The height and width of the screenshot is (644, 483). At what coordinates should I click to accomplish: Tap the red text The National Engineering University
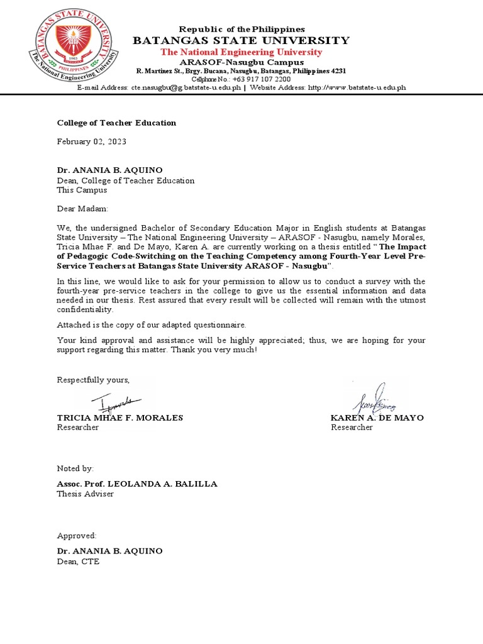point(241,52)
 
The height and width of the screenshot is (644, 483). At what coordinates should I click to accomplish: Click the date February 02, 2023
point(92,142)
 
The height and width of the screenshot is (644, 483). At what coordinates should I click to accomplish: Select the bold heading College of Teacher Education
point(116,123)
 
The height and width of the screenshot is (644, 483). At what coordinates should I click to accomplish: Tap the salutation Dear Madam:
point(82,208)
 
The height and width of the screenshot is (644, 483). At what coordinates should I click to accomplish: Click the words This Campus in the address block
point(82,189)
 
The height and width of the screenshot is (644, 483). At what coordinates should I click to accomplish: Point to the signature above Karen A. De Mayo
point(374,398)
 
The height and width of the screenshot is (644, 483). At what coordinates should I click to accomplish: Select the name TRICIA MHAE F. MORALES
point(120,418)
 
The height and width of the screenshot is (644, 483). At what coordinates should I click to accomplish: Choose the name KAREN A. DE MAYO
point(377,418)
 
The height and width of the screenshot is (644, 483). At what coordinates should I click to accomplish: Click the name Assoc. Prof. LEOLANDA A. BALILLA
point(137,484)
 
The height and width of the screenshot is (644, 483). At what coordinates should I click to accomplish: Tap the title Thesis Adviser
point(86,494)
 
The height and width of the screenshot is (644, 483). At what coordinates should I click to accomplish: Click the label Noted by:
point(75,469)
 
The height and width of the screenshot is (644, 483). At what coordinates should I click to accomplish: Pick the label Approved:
point(77,536)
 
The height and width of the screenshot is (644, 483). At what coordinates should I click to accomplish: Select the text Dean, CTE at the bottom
point(78,561)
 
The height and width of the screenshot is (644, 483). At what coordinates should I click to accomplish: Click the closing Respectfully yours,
point(93,380)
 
